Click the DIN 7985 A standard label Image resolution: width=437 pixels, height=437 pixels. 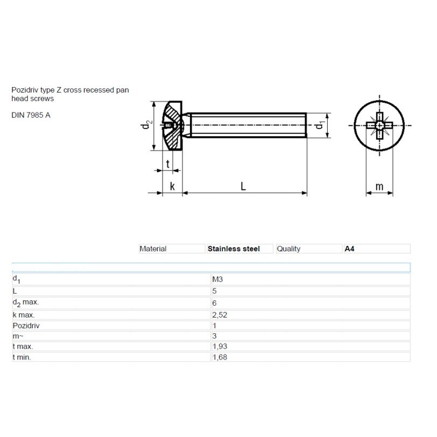(x=31, y=115)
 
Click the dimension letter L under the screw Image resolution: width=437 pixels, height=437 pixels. (x=243, y=186)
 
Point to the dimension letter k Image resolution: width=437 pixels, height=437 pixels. (x=172, y=186)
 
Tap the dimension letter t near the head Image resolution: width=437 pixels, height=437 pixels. (x=168, y=164)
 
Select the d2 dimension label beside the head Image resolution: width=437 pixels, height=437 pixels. (x=145, y=125)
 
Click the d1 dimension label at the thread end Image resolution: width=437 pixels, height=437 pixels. (x=320, y=125)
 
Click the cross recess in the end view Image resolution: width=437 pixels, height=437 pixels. (x=379, y=125)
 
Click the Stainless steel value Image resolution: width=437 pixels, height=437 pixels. (x=234, y=249)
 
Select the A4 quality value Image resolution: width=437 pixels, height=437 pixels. (x=349, y=249)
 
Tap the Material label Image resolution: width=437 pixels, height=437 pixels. (x=153, y=249)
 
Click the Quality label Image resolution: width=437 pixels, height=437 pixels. (x=288, y=249)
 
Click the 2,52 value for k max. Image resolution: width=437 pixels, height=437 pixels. (x=220, y=315)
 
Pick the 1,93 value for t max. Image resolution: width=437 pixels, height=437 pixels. (x=220, y=347)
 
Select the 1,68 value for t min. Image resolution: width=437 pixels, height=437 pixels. (x=220, y=357)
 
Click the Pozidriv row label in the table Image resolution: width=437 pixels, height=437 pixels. (x=26, y=326)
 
